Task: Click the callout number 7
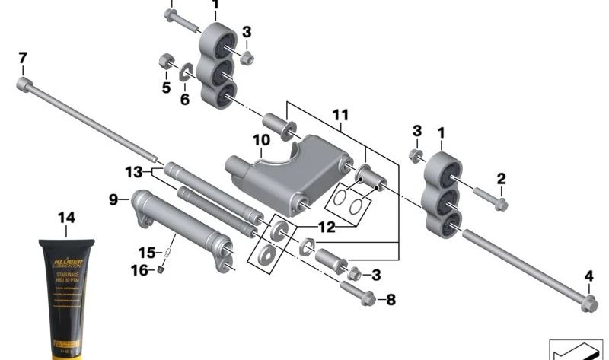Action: tap(22, 57)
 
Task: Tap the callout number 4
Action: tap(588, 276)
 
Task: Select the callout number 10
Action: tap(261, 140)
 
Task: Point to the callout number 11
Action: tap(340, 115)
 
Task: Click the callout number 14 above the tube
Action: tap(66, 218)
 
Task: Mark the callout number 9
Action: tap(113, 200)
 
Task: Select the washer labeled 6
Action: tap(186, 73)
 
